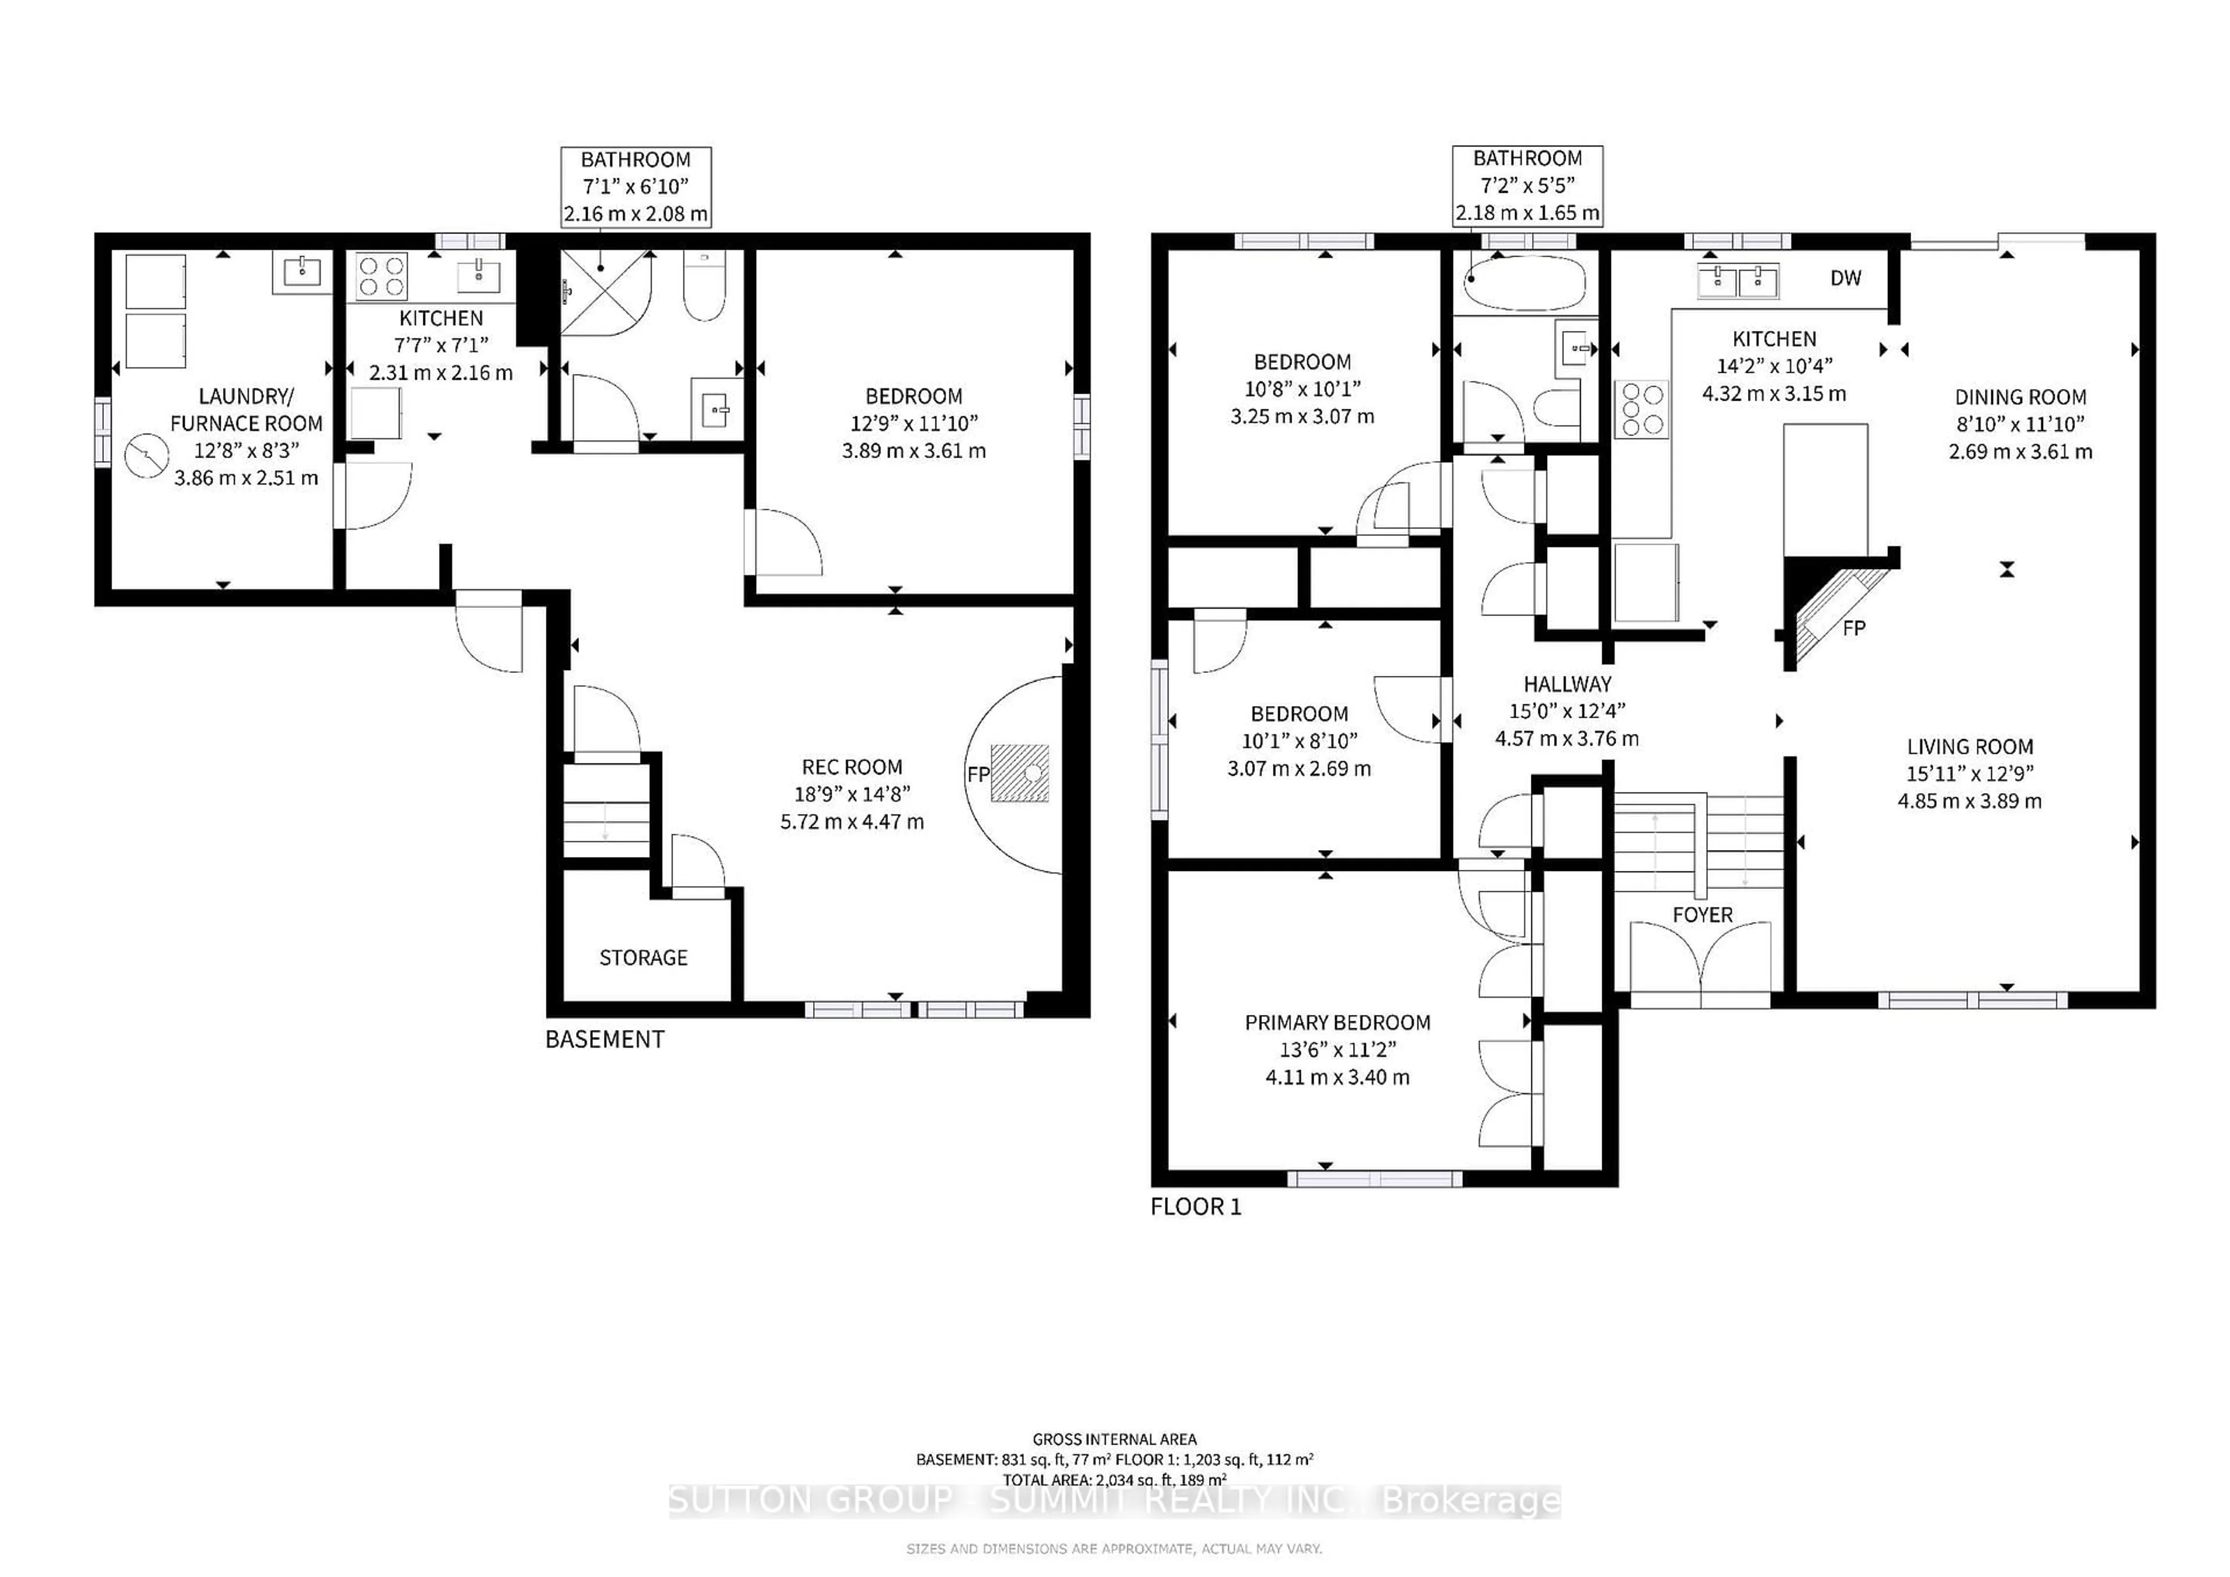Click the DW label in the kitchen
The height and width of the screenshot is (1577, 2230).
[x=1846, y=279]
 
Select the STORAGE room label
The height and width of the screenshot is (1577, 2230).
[x=643, y=957]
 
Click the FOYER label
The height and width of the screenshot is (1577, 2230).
[x=1702, y=914]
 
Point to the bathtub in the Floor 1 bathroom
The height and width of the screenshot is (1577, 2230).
[x=1525, y=283]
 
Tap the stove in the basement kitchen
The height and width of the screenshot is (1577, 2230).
[x=382, y=275]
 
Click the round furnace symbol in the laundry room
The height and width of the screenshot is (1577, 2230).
[x=147, y=455]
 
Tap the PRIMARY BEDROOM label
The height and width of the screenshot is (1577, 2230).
[x=1337, y=1022]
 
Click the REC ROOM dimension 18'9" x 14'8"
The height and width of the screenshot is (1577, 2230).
[x=852, y=794]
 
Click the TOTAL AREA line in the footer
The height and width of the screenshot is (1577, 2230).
[x=1114, y=1480]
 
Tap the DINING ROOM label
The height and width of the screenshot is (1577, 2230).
[x=2020, y=397]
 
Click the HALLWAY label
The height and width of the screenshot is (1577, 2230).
[x=1567, y=683]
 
